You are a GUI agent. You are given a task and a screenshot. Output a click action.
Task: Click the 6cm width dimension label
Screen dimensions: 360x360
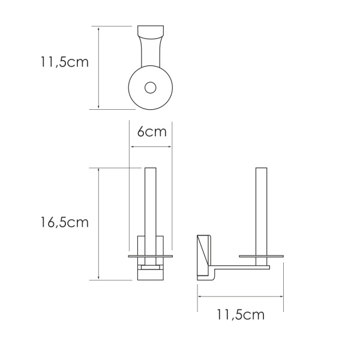click(151, 132)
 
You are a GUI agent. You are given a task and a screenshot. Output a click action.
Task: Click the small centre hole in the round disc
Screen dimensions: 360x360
click(151, 88)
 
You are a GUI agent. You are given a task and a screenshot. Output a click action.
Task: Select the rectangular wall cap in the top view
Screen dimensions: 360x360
click(151, 31)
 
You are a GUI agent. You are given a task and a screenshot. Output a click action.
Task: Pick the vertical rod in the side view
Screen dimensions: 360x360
click(261, 210)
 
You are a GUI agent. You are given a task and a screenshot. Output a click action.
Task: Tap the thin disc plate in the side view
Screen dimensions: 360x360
click(261, 256)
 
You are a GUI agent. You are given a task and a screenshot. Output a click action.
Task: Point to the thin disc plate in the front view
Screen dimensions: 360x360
click(151, 256)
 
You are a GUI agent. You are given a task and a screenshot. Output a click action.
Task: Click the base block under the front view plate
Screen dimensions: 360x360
click(151, 273)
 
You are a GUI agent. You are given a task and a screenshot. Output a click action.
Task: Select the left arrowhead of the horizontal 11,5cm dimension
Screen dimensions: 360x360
click(200, 297)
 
